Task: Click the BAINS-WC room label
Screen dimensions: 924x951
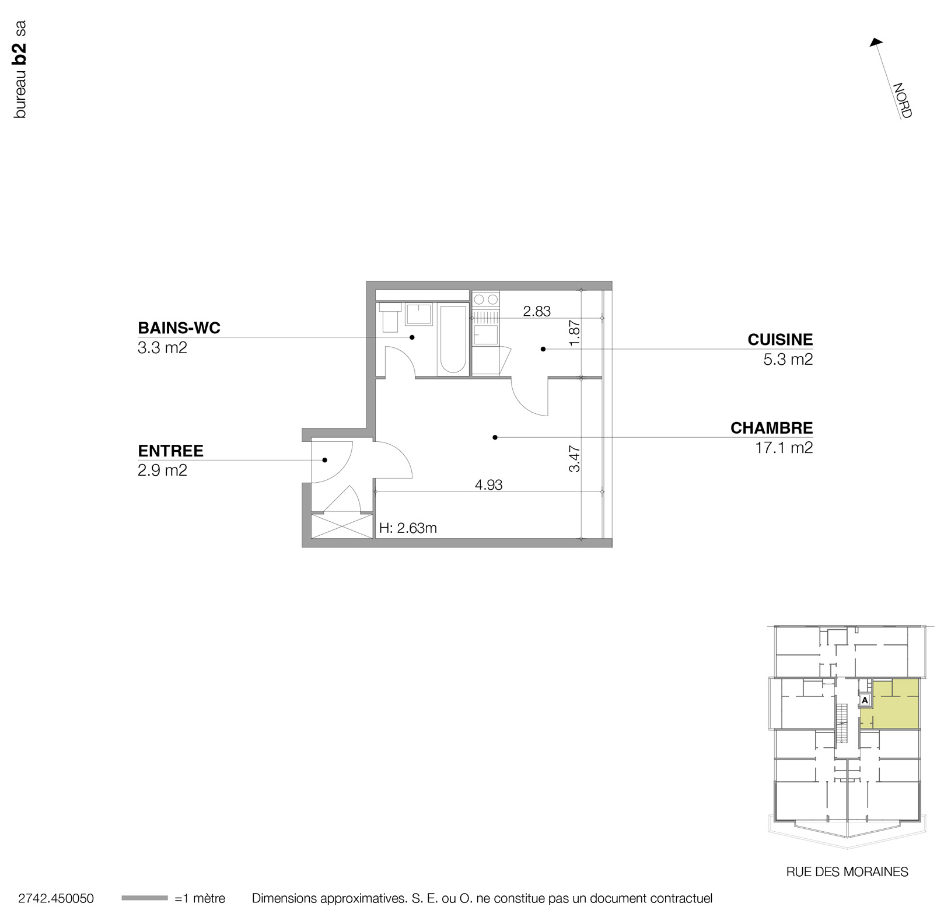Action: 179,328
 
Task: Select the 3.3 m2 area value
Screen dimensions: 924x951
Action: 162,348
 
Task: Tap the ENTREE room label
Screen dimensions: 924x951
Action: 170,451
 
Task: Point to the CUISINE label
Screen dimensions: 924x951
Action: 780,340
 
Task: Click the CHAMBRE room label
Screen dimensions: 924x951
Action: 771,428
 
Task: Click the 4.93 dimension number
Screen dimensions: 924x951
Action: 488,484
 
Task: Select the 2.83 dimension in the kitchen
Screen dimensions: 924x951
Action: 536,311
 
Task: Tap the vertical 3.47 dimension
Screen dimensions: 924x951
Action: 575,459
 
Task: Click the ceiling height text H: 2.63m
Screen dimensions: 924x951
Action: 408,528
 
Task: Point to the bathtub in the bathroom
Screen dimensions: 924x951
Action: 453,338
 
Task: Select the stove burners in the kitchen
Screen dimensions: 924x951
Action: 486,300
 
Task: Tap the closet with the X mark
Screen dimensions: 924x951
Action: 342,526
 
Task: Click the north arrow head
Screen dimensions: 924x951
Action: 875,43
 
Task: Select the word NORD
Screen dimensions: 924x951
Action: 902,101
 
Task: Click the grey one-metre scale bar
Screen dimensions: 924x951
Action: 144,898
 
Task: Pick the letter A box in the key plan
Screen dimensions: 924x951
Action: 865,700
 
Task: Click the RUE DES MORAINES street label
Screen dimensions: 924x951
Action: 847,872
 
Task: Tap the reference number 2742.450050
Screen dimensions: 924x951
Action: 56,899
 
